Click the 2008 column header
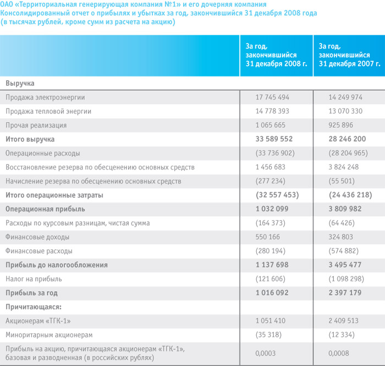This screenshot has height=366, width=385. [276, 55]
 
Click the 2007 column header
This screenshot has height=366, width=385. [349, 55]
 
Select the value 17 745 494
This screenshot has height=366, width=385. [272, 97]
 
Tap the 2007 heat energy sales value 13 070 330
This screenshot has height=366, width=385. [345, 111]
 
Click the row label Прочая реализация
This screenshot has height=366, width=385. [36, 125]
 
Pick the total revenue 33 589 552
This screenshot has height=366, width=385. [274, 139]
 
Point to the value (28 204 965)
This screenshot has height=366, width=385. [348, 153]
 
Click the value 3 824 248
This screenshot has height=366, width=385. [344, 167]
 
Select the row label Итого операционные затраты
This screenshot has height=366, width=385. [54, 195]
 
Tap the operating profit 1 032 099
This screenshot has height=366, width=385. [272, 209]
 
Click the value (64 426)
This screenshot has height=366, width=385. [342, 223]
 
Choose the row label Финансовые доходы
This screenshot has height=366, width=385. [37, 237]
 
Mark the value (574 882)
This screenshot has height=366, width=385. [344, 251]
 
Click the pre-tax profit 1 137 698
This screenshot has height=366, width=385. [272, 265]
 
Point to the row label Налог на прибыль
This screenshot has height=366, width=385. [34, 279]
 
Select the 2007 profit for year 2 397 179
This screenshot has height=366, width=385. [345, 293]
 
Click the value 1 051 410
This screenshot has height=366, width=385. [271, 321]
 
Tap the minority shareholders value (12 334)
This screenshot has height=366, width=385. [342, 335]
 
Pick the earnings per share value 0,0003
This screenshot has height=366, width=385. [266, 353]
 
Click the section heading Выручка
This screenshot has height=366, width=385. [20, 84]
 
